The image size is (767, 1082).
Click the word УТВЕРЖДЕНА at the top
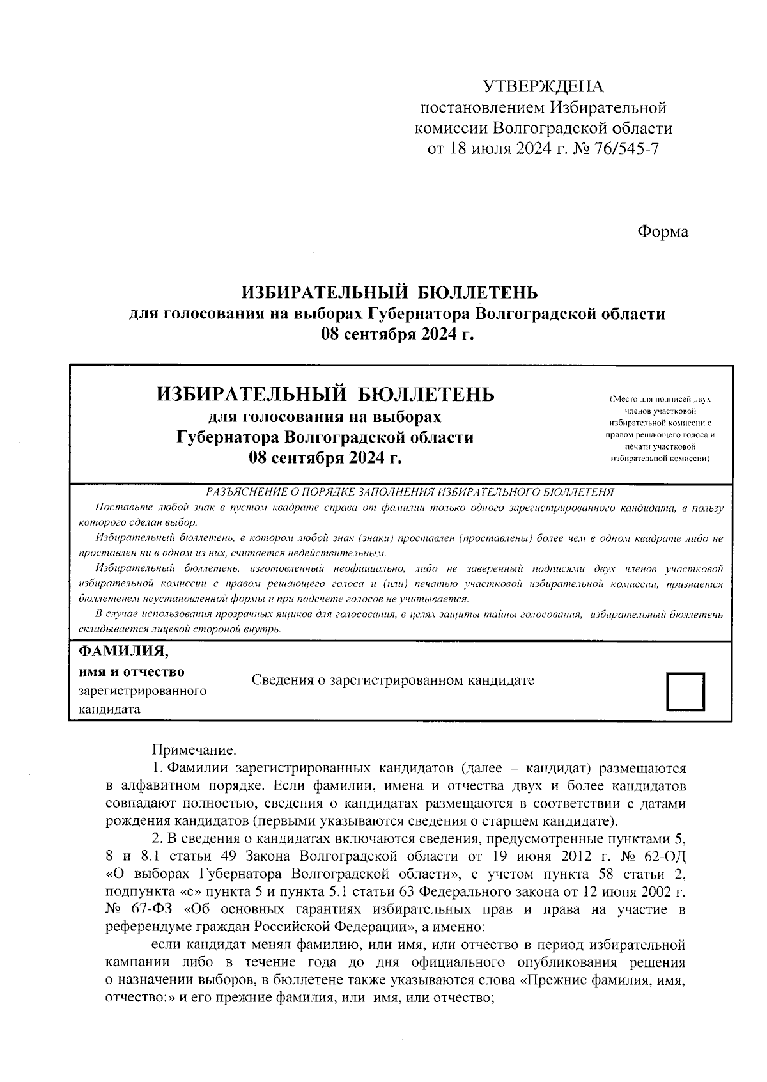click(x=543, y=86)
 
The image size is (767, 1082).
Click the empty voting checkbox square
click(x=685, y=691)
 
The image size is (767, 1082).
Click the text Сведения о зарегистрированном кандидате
click(x=392, y=680)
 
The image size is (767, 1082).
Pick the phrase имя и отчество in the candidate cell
click(x=131, y=672)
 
